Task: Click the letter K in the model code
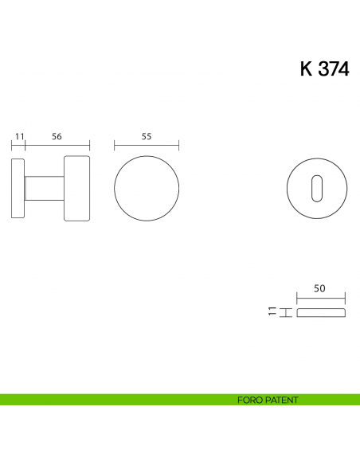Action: pyautogui.click(x=307, y=69)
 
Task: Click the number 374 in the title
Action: pyautogui.click(x=334, y=69)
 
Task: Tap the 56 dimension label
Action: pyautogui.click(x=57, y=136)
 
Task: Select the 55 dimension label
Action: pyautogui.click(x=147, y=136)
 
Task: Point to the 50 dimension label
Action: pyautogui.click(x=319, y=290)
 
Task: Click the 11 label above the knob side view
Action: pyautogui.click(x=19, y=136)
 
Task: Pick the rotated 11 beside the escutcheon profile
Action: pyautogui.click(x=272, y=312)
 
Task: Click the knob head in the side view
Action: pyautogui.click(x=76, y=189)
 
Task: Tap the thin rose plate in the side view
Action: pyautogui.click(x=18, y=189)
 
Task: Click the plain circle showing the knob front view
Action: pyautogui.click(x=147, y=189)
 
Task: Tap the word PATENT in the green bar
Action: pyautogui.click(x=283, y=400)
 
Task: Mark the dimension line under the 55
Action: pyautogui.click(x=147, y=146)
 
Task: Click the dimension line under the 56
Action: pyautogui.click(x=57, y=146)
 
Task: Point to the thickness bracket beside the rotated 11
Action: pyautogui.click(x=283, y=312)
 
